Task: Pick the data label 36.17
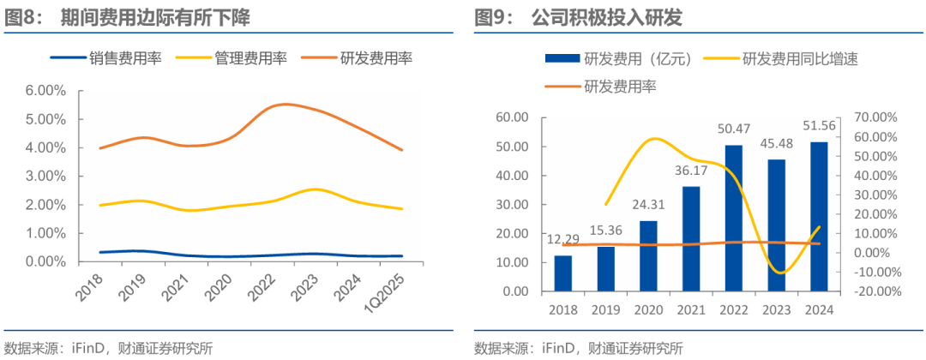pyautogui.click(x=690, y=171)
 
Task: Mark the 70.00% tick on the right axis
pyautogui.click(x=875, y=117)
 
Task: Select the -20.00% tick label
pyautogui.click(x=874, y=291)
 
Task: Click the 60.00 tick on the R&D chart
pyautogui.click(x=514, y=117)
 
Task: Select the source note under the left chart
pyautogui.click(x=108, y=348)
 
